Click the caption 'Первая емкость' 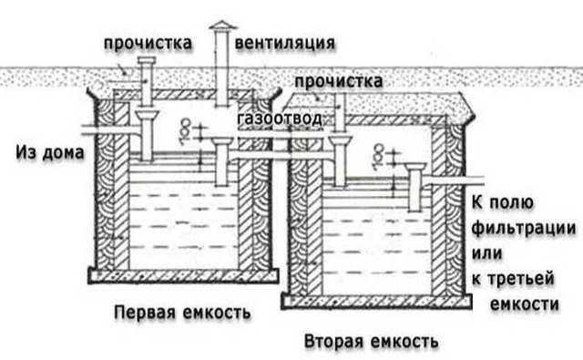[181, 313]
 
